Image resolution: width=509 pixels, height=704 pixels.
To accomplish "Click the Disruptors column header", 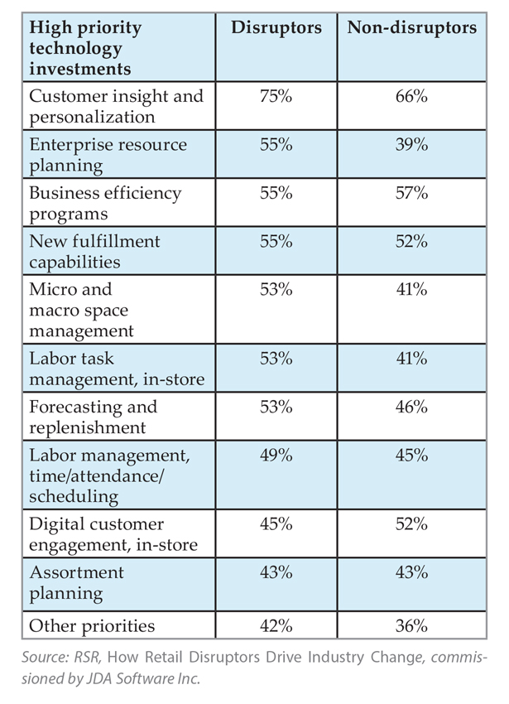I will pos(276,28).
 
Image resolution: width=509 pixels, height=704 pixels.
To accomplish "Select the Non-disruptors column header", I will pos(412,28).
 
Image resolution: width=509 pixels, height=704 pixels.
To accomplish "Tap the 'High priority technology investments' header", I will pos(86,47).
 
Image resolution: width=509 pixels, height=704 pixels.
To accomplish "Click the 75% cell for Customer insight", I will pos(276,97).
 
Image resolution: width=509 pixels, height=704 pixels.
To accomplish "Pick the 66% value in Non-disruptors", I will pos(411,97).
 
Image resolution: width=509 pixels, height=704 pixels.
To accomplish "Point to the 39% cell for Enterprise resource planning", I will pos(411,145).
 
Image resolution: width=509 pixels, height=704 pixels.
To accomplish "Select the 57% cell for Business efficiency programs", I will pos(411,193).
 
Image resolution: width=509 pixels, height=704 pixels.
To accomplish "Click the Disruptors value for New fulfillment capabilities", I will pos(276,242).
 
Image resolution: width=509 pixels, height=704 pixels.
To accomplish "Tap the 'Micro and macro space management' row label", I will pos(81,310).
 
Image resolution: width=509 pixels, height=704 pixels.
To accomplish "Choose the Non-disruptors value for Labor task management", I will pos(411,359).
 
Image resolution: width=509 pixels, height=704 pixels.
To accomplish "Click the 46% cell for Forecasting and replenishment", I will pos(411,407).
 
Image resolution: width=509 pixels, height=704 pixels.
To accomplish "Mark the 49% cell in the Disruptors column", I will pos(276,456).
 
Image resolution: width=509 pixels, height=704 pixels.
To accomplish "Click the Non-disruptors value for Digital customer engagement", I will pos(411,524).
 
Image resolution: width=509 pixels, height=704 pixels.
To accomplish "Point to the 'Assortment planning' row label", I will pos(76,582).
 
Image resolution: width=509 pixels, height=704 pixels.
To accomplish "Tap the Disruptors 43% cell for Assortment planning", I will pos(276,573).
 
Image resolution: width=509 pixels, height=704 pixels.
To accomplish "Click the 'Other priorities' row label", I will pos(92,625).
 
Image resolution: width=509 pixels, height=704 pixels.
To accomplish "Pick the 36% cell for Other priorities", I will pos(411,625).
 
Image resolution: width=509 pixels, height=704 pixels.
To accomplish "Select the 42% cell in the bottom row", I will pos(276,625).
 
